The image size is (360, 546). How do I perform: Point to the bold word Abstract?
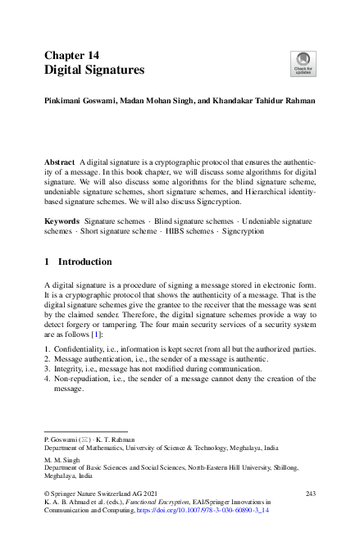pos(58,163)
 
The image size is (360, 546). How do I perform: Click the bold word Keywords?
pos(62,221)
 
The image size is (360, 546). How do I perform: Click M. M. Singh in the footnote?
pos(60,460)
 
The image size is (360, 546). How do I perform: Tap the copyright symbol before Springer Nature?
pos(46,493)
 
